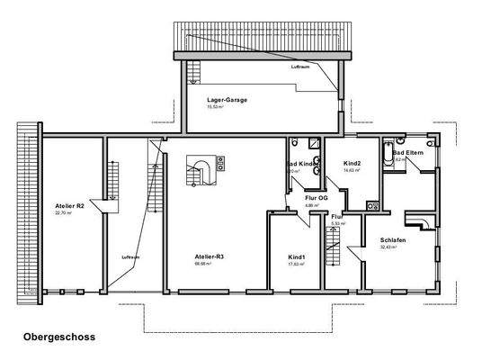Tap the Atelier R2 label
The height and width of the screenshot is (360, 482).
68,205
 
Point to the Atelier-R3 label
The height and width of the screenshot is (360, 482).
209,256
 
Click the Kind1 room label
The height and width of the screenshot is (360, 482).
296,256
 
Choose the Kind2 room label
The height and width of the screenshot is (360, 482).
352,163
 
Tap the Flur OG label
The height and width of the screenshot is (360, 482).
315,198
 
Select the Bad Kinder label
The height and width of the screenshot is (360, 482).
299,164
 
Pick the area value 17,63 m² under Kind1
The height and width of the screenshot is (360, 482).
296,265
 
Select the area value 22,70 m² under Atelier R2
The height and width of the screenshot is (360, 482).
62,213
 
